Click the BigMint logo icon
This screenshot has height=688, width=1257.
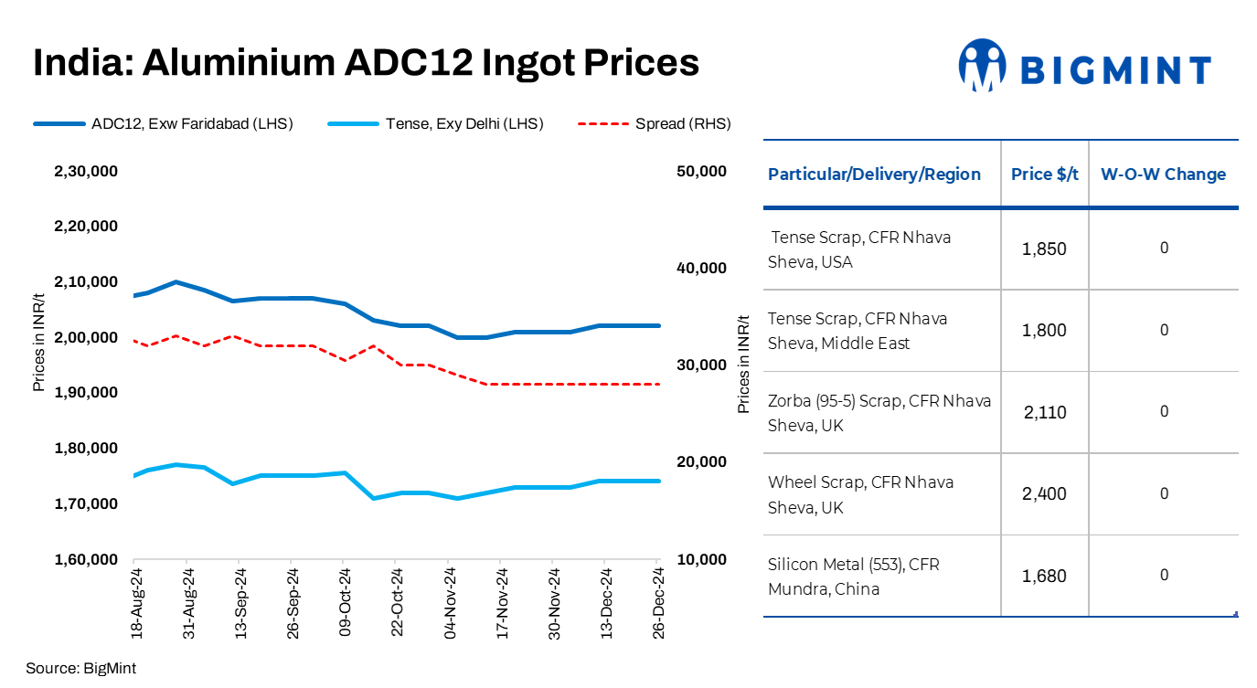(x=982, y=65)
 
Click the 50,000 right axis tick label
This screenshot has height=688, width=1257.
(x=699, y=171)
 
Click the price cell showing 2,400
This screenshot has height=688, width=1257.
(x=1044, y=494)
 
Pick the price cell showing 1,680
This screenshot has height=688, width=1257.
(x=1044, y=577)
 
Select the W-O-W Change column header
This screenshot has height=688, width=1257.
(x=1163, y=175)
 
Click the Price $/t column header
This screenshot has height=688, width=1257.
(x=1044, y=175)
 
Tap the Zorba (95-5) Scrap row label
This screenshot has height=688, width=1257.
(x=879, y=413)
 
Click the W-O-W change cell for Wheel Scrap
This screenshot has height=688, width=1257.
(x=1164, y=494)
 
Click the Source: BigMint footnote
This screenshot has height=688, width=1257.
(x=80, y=668)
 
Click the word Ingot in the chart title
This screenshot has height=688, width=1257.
(x=513, y=62)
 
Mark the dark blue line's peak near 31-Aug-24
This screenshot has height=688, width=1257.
(x=176, y=282)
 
